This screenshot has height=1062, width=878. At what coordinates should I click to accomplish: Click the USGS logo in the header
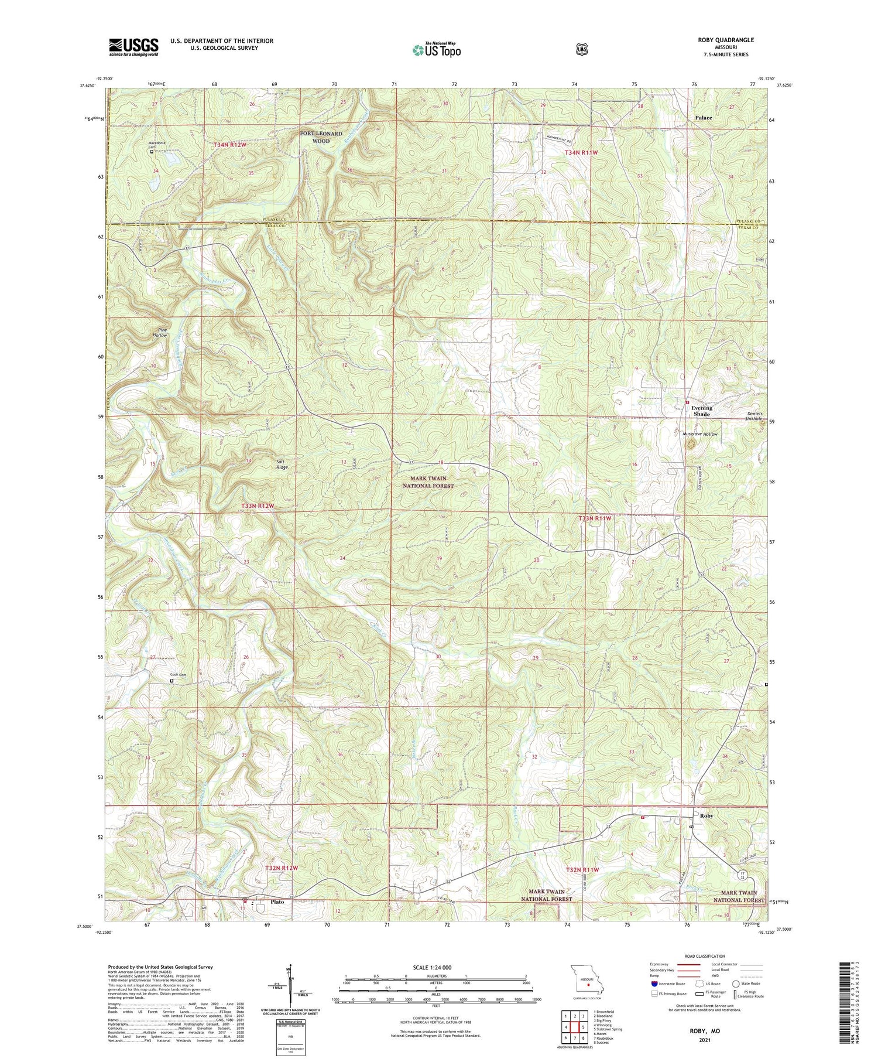[x=133, y=47]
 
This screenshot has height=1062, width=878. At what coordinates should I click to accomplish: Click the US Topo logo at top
[x=436, y=50]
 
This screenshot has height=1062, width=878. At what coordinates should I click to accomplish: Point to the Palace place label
[x=703, y=118]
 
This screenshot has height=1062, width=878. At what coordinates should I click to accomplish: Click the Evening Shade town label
[x=701, y=411]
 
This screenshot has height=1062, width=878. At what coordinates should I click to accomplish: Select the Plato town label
[x=277, y=901]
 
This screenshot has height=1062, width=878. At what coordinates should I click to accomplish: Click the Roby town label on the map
[x=706, y=815]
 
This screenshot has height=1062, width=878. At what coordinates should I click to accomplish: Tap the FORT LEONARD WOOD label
[x=321, y=137]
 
